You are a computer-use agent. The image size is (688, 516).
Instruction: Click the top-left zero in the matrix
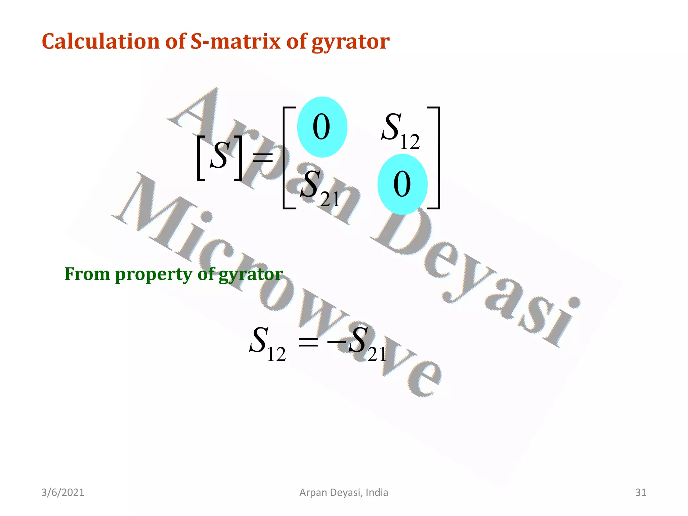(321, 127)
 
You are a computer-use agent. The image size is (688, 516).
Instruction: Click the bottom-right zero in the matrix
(402, 184)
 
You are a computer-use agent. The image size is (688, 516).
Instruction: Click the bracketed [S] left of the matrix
(220, 157)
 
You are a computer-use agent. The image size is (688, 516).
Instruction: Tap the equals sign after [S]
(263, 157)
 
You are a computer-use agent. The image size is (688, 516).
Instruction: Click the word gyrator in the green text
(251, 275)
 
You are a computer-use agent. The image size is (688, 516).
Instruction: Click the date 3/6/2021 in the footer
(62, 492)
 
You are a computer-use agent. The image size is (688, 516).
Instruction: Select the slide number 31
(641, 492)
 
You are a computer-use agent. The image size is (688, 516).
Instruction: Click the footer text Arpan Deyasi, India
(344, 492)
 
